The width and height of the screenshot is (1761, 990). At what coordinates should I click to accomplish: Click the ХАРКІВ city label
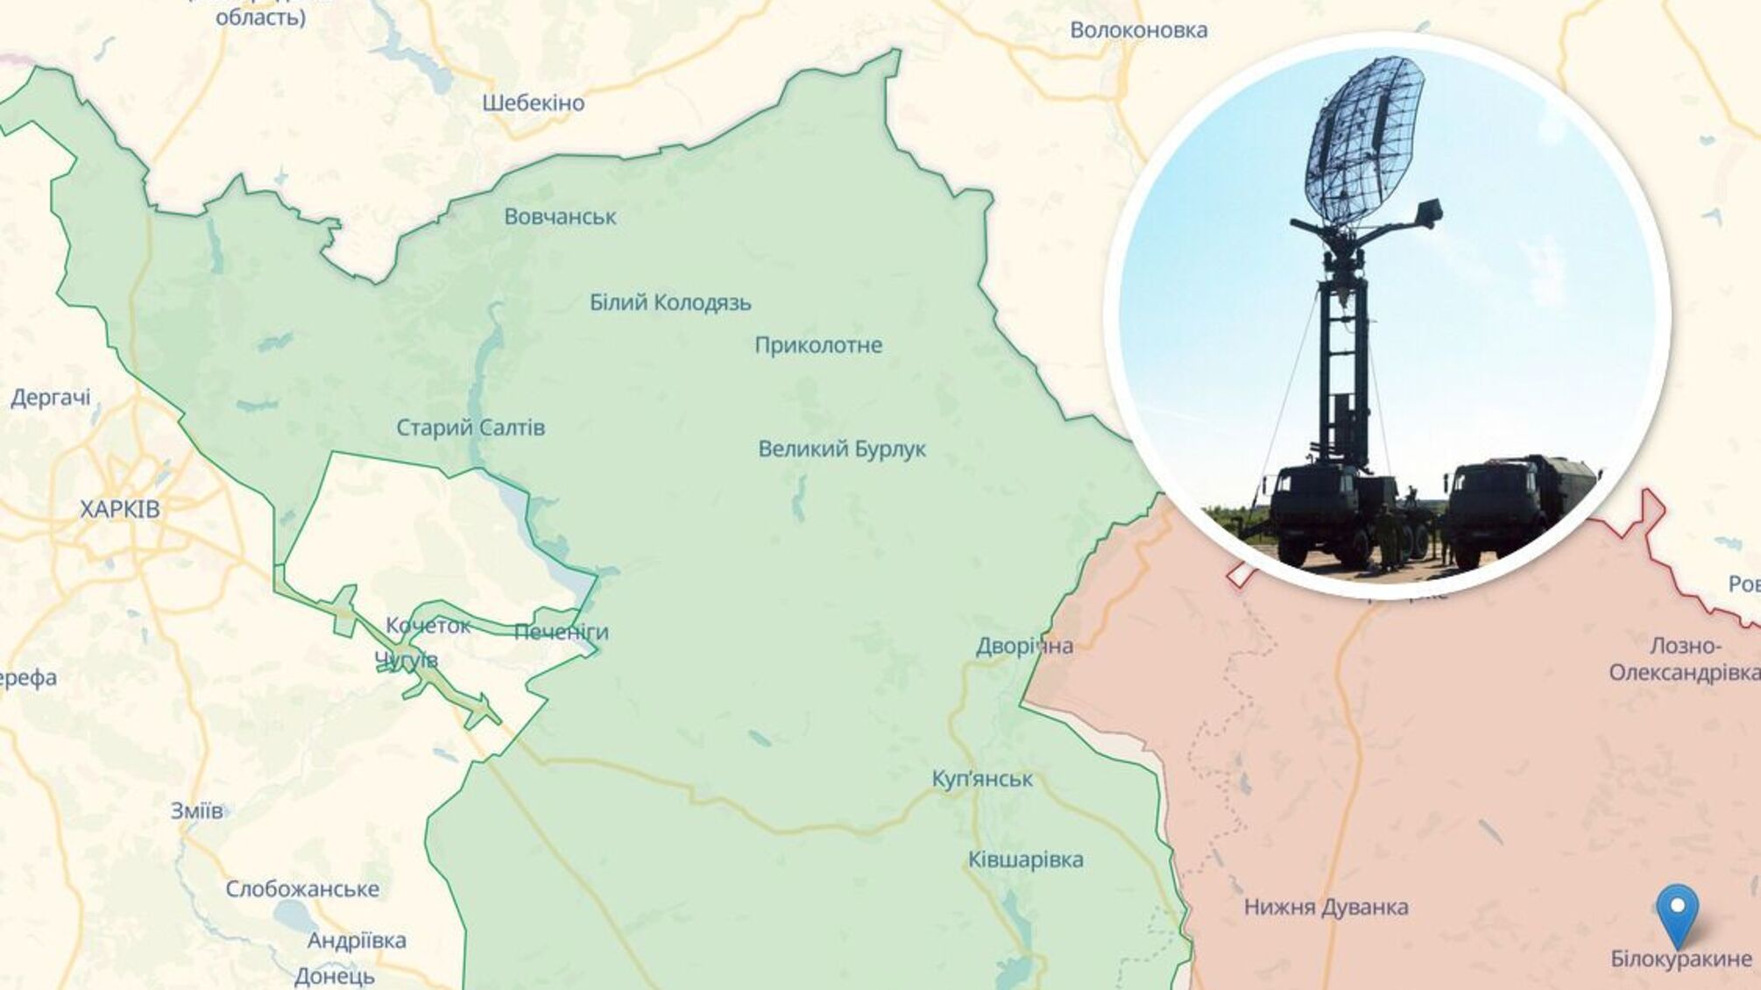120,509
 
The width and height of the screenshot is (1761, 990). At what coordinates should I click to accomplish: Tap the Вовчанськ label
560,216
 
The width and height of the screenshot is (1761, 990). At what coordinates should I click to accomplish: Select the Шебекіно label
533,103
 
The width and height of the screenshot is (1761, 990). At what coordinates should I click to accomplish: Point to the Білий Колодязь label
670,302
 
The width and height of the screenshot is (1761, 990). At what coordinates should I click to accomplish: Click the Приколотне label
818,345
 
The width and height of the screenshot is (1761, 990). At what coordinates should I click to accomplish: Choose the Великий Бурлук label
841,449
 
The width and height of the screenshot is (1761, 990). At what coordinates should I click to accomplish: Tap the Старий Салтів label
470,428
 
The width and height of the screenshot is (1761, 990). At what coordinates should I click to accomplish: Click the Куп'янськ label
982,778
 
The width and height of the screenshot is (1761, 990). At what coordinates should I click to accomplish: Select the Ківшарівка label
1025,859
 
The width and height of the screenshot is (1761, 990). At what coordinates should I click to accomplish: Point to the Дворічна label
1024,646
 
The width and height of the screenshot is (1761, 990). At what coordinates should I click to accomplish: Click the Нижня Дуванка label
1326,907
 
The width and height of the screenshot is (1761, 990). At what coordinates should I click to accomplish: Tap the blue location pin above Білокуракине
1677,913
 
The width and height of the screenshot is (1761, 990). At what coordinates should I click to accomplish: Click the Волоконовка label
1139,30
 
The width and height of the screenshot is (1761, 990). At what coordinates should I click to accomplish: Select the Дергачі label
51,398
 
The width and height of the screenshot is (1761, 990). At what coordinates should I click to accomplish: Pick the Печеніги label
561,632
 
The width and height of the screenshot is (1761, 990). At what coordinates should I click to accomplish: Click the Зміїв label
196,810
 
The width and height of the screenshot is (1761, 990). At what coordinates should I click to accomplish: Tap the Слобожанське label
302,888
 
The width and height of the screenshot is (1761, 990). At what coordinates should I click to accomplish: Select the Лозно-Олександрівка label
1684,659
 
